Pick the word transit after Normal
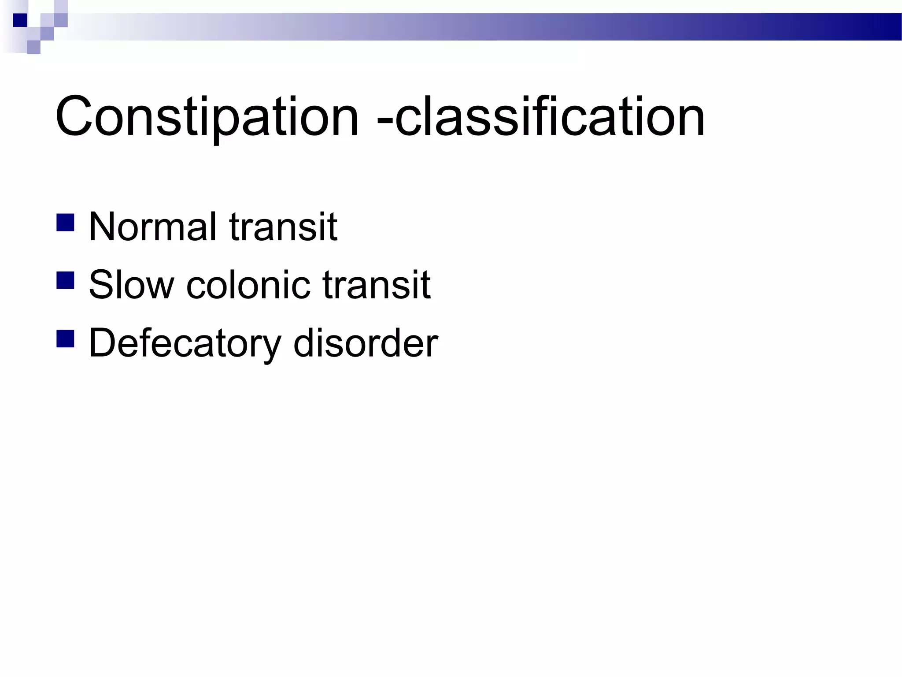pyautogui.click(x=283, y=227)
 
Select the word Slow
pyautogui.click(x=131, y=285)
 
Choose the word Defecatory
pyautogui.click(x=185, y=343)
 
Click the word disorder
pyautogui.click(x=366, y=343)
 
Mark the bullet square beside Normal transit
pyautogui.click(x=65, y=223)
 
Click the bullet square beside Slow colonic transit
pyautogui.click(x=65, y=280)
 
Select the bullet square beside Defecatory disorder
pyautogui.click(x=65, y=339)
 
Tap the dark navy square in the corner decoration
pyautogui.click(x=20, y=20)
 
